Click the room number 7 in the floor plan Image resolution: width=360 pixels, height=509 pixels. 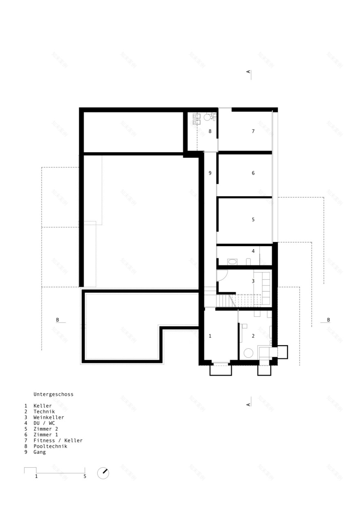(253, 131)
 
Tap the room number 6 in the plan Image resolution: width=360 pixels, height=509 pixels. (253, 173)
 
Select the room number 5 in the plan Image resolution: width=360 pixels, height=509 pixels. (253, 220)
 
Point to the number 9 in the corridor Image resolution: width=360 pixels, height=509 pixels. (210, 173)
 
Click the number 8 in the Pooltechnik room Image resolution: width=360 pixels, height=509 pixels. (210, 131)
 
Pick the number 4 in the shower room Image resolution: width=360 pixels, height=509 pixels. (253, 251)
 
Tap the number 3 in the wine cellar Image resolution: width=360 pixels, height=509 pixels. (253, 281)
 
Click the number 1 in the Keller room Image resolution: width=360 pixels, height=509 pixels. (210, 336)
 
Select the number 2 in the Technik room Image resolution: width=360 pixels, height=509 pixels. (253, 336)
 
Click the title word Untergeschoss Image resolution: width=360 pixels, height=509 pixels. (54, 395)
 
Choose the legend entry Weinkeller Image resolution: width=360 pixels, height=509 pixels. (49, 417)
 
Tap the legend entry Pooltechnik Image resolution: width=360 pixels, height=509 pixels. (50, 446)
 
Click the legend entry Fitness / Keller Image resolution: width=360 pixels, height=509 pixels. (58, 440)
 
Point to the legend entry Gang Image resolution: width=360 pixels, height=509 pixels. (40, 452)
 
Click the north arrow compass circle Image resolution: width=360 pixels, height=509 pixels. (103, 473)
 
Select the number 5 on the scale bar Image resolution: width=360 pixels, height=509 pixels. (85, 476)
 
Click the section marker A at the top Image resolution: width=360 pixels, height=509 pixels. (248, 72)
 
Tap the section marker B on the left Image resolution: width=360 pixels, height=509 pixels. (57, 320)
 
